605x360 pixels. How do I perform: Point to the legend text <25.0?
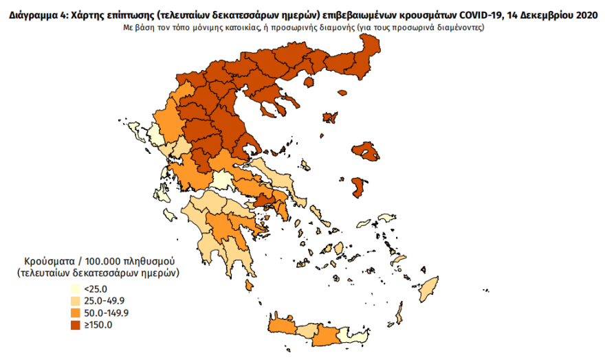point(93,288)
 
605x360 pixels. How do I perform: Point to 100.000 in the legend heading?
point(106,262)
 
